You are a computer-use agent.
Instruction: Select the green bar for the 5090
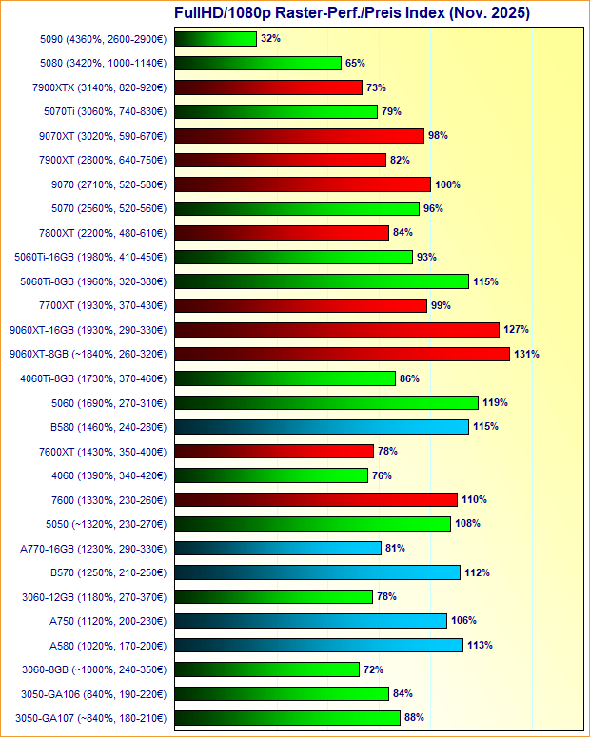pos(216,39)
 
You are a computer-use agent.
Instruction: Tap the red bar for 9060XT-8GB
pos(343,354)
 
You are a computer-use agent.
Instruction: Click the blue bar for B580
pos(322,427)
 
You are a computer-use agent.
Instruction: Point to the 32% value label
pos(270,39)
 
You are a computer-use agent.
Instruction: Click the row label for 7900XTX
pos(99,87)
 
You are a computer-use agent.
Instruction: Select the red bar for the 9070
pos(304,184)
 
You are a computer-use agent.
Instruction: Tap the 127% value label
pos(517,330)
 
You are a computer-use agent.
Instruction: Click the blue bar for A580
pos(319,646)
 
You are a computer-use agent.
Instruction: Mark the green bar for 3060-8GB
pos(267,669)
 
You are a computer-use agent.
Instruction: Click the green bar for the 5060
pos(326,402)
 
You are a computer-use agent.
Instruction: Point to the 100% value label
pos(447,184)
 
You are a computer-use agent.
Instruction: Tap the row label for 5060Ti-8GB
pos(93,281)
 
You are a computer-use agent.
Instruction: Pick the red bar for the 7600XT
pos(274,451)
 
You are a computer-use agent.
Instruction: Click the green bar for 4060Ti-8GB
pos(285,378)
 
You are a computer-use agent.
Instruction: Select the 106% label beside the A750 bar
pos(463,621)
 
